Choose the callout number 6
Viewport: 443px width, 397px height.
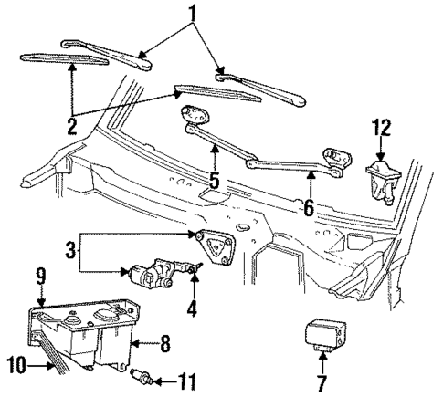(310, 209)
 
